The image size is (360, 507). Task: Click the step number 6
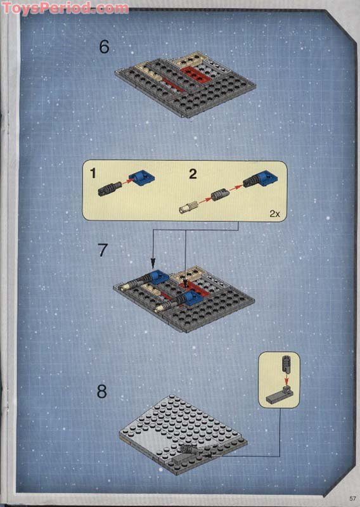pyautogui.click(x=104, y=46)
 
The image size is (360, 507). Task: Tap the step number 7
pyautogui.click(x=103, y=250)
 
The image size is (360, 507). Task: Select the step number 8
pyautogui.click(x=102, y=391)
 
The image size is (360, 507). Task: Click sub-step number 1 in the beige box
pyautogui.click(x=93, y=173)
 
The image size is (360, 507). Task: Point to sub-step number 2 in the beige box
pyautogui.click(x=193, y=174)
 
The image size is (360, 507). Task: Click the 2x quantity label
pyautogui.click(x=274, y=214)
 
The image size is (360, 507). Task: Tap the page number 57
pyautogui.click(x=352, y=498)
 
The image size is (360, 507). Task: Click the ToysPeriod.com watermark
pyautogui.click(x=65, y=8)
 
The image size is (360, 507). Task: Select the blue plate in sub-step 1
pyautogui.click(x=142, y=178)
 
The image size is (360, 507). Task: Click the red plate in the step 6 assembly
pyautogui.click(x=194, y=74)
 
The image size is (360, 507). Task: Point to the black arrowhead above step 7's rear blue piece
pyautogui.click(x=153, y=262)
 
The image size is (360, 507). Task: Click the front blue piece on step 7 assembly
pyautogui.click(x=191, y=297)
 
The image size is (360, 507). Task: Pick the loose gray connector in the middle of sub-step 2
pyautogui.click(x=221, y=195)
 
